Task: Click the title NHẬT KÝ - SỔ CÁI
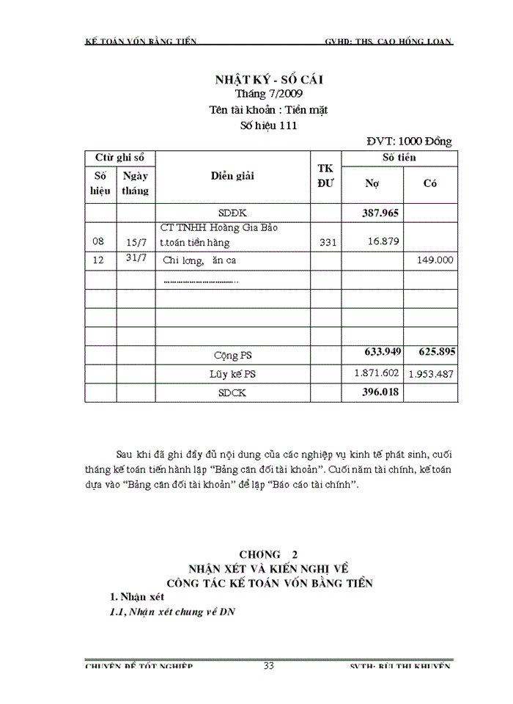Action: pos(267,79)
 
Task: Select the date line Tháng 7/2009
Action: pos(267,94)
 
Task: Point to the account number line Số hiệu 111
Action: pos(268,125)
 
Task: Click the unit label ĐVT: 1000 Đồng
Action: pos(409,141)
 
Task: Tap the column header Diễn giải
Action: pos(232,176)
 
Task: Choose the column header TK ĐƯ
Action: pos(325,176)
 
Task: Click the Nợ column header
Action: pos(372,183)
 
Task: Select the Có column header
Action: pos(430,183)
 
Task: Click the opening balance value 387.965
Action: pos(380,213)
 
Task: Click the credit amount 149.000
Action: pos(435,260)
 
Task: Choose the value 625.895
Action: pos(437,353)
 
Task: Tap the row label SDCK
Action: pos(232,393)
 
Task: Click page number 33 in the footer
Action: pos(268,665)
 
